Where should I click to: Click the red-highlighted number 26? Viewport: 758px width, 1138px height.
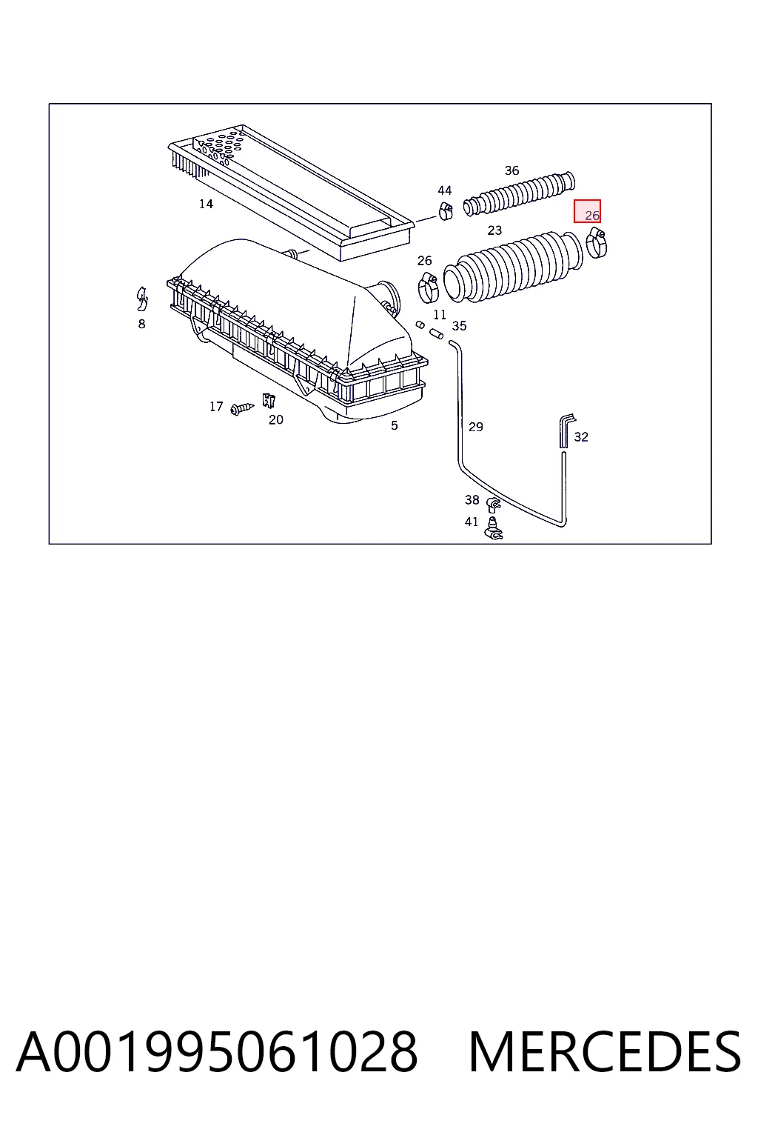tap(592, 216)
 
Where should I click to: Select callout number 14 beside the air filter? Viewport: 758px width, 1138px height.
tap(206, 204)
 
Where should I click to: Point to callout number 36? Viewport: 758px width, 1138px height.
tap(512, 170)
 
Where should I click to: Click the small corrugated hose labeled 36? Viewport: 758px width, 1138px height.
tap(519, 194)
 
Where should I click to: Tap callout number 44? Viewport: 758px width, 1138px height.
tap(444, 190)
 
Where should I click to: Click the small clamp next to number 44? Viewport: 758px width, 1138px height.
tap(446, 210)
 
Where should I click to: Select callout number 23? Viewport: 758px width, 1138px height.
tap(494, 230)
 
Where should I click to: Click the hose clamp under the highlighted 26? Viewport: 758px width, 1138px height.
tap(596, 243)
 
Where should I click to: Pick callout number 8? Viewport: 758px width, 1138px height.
tap(141, 324)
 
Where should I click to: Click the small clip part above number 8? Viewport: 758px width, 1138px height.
tap(141, 299)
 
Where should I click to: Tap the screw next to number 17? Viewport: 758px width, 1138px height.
tap(241, 408)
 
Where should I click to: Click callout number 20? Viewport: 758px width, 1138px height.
tap(275, 419)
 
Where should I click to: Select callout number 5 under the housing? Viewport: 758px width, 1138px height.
tap(394, 425)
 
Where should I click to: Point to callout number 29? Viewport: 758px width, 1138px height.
tap(475, 427)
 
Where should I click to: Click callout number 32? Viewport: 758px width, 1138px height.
tap(581, 437)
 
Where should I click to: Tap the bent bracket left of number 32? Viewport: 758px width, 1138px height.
tap(566, 430)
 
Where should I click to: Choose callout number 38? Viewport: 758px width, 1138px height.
tap(472, 500)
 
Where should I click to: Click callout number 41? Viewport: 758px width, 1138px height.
tap(471, 522)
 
